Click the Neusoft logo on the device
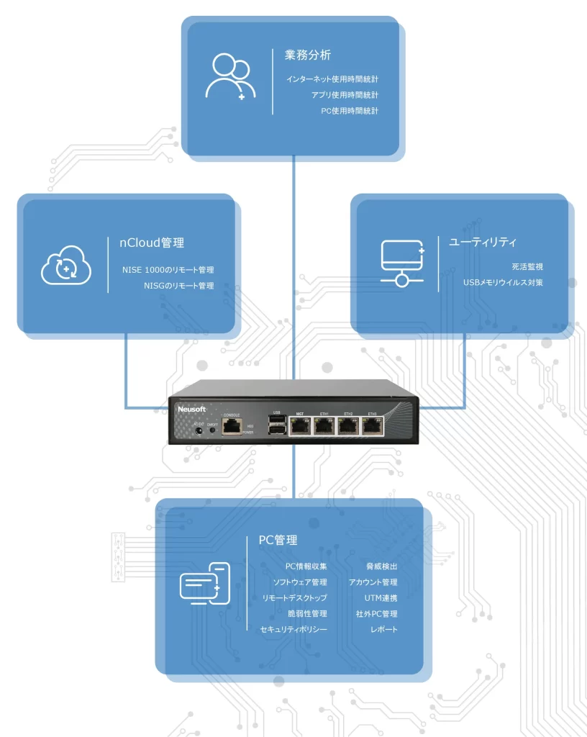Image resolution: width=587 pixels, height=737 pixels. coord(191,409)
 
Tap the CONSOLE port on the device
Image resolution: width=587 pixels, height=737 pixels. coord(232,426)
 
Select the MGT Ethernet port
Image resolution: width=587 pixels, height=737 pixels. coord(300,427)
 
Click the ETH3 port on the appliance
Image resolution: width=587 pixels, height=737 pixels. coord(372,427)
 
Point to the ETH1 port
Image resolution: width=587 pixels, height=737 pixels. coord(324,427)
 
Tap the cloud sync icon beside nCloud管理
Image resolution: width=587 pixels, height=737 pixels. coord(66,266)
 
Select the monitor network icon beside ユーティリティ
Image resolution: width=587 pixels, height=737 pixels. coord(402,263)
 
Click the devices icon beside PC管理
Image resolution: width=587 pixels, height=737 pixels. coord(205,584)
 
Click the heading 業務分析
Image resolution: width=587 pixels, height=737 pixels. coord(307,55)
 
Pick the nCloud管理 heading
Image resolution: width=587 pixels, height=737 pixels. coord(152,243)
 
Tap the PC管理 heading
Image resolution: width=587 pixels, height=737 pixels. coord(278,540)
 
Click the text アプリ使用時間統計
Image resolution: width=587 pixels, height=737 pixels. coord(345,95)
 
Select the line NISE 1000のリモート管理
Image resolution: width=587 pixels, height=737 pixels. coord(168,270)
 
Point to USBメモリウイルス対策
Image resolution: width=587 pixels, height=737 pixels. coord(503,282)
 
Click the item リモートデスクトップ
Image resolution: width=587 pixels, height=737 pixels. coord(295,598)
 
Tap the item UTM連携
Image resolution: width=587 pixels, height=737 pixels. coord(381,598)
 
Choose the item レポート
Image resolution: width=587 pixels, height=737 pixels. coord(383,630)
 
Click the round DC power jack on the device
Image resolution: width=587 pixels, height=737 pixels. coord(199,433)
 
